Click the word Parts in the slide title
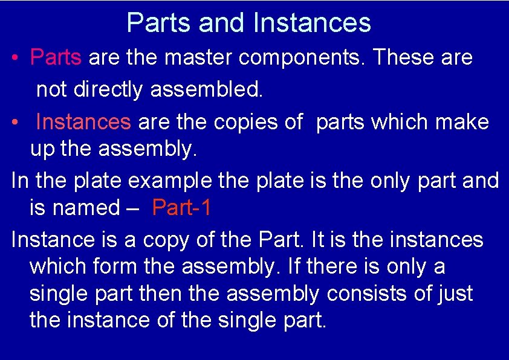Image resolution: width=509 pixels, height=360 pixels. click(x=159, y=23)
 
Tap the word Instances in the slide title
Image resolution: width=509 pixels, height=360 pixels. click(x=312, y=23)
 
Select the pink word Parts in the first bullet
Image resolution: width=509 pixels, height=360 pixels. click(x=56, y=57)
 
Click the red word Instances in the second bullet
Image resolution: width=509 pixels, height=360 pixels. click(x=83, y=121)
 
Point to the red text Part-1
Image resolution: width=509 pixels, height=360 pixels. click(x=182, y=208)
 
